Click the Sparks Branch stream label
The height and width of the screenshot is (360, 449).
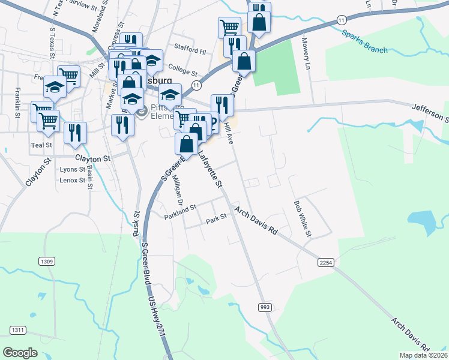365,41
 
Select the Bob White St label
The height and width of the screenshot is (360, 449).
301,217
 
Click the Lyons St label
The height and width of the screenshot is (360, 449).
73,170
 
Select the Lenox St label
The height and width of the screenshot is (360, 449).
73,180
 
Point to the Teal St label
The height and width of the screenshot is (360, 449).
41,145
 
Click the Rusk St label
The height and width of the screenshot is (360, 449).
137,223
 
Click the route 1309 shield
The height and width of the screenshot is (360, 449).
47,261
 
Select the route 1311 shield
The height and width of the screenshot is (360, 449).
18,330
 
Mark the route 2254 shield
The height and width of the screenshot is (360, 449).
325,262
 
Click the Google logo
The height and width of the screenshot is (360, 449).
20,352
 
